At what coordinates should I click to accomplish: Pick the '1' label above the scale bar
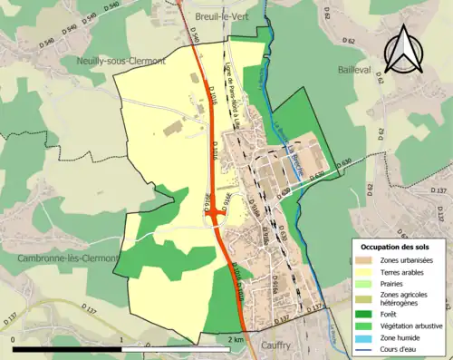click(123, 339)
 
